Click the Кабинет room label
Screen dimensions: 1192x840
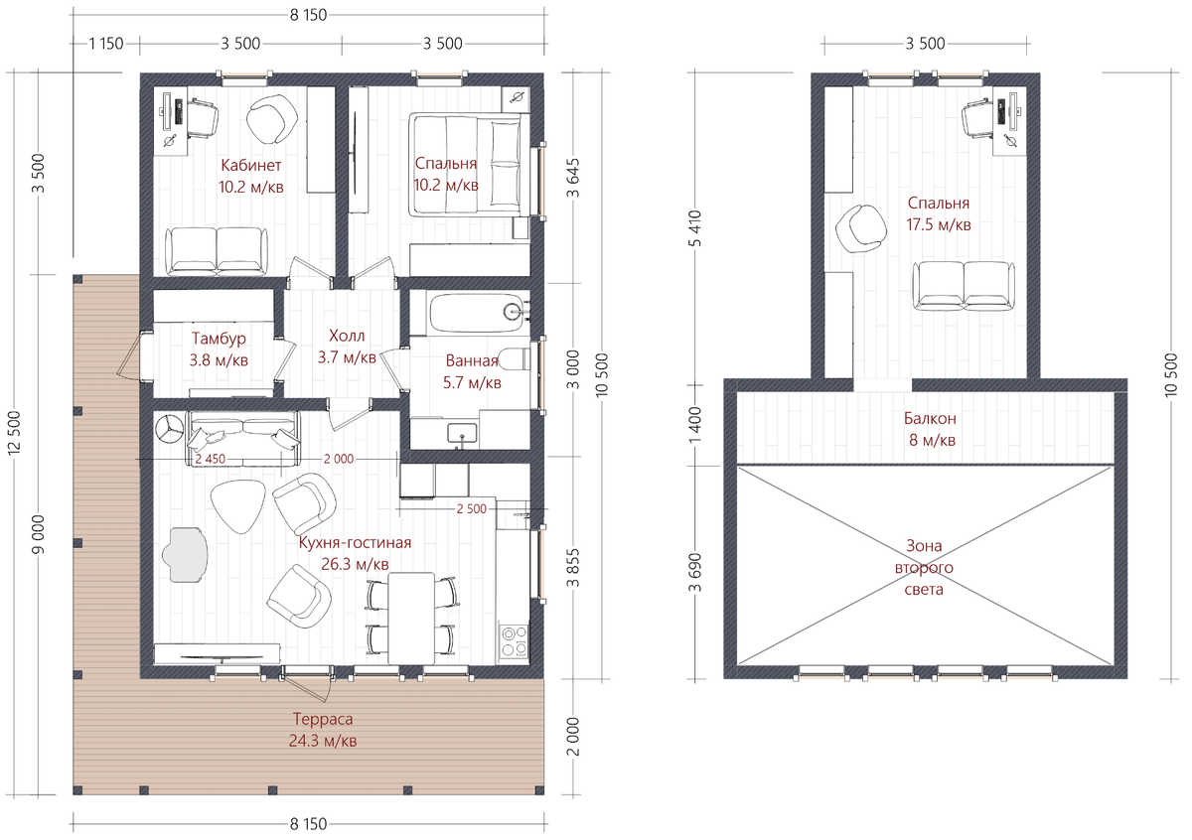pyautogui.click(x=250, y=166)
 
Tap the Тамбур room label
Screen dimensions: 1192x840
pyautogui.click(x=219, y=339)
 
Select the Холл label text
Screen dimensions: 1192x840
pyautogui.click(x=347, y=336)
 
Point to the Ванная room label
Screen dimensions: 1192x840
pyautogui.click(x=472, y=360)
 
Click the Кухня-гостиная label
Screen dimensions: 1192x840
pyautogui.click(x=355, y=542)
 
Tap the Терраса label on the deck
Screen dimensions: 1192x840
pyautogui.click(x=323, y=719)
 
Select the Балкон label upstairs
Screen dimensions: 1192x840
pyautogui.click(x=930, y=419)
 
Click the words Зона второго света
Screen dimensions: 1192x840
pyautogui.click(x=924, y=568)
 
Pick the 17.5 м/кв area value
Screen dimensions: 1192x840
pyautogui.click(x=939, y=225)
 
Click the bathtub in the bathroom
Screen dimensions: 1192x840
pyautogui.click(x=480, y=314)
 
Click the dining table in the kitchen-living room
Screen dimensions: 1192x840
pyautogui.click(x=411, y=619)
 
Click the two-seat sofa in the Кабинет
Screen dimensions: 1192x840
pyautogui.click(x=217, y=251)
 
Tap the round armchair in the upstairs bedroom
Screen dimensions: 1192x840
pyautogui.click(x=861, y=229)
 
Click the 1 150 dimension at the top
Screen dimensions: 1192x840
pyautogui.click(x=106, y=44)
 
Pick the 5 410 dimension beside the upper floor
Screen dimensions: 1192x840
pyautogui.click(x=695, y=228)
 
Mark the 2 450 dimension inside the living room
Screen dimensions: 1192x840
pyautogui.click(x=211, y=459)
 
